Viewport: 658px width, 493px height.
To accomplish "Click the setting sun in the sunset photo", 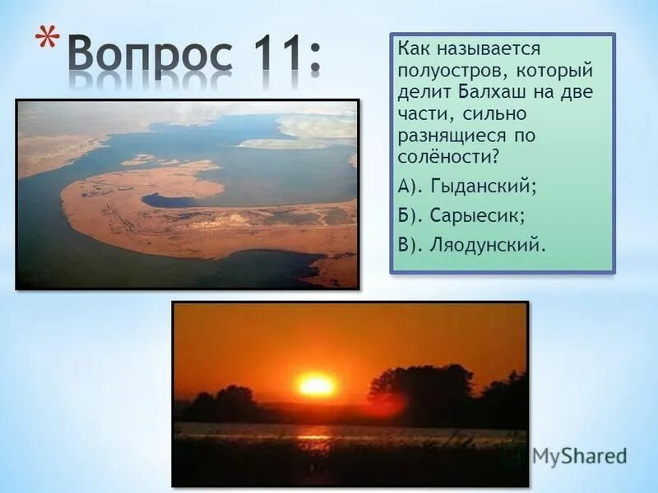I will point(317,385).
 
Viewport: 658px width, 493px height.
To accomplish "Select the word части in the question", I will point(420,112).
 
